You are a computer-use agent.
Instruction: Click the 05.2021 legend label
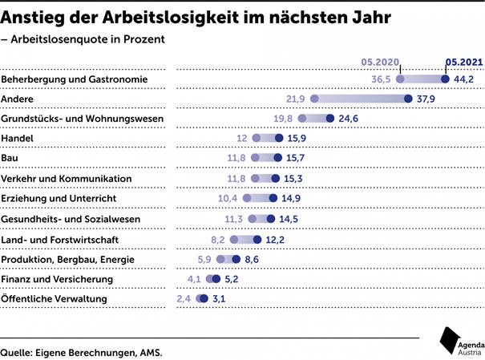point(464,61)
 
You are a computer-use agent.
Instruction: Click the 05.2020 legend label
point(380,61)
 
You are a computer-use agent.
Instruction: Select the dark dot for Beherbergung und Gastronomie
point(446,79)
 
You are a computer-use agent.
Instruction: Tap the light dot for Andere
point(314,99)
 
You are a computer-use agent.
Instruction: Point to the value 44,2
point(465,79)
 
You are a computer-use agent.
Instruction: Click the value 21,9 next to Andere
point(295,99)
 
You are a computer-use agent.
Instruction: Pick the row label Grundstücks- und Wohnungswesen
point(83,119)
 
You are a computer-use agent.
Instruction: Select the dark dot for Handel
point(278,139)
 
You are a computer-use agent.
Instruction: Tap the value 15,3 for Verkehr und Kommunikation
point(292,179)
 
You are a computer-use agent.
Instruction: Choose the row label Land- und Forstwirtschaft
point(60,239)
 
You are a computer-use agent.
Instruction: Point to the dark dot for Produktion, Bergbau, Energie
point(236,259)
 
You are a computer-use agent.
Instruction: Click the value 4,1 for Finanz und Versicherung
point(194,279)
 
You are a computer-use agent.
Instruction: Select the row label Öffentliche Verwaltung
point(54,299)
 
